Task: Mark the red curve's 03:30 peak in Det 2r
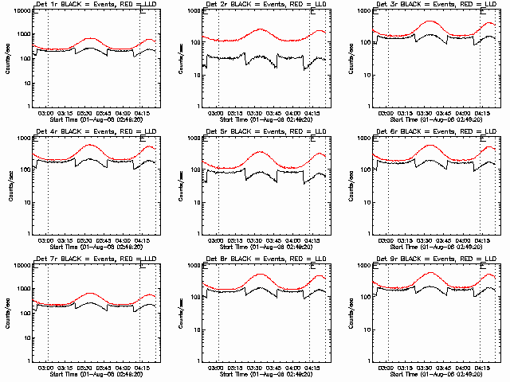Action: [x=261, y=29]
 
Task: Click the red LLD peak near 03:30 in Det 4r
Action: [x=91, y=145]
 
